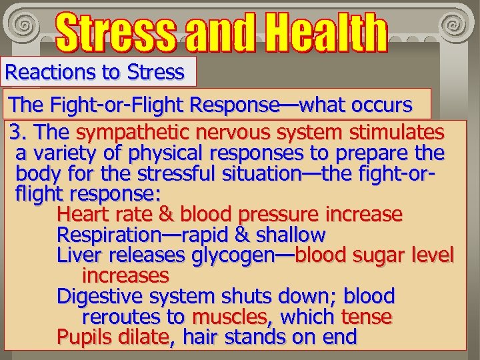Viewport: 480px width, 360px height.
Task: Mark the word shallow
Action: (289, 235)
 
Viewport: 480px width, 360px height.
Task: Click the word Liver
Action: (77, 255)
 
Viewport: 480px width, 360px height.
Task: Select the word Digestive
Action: (99, 296)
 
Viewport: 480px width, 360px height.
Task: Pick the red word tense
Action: (366, 317)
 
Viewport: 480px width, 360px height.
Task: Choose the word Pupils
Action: (82, 337)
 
